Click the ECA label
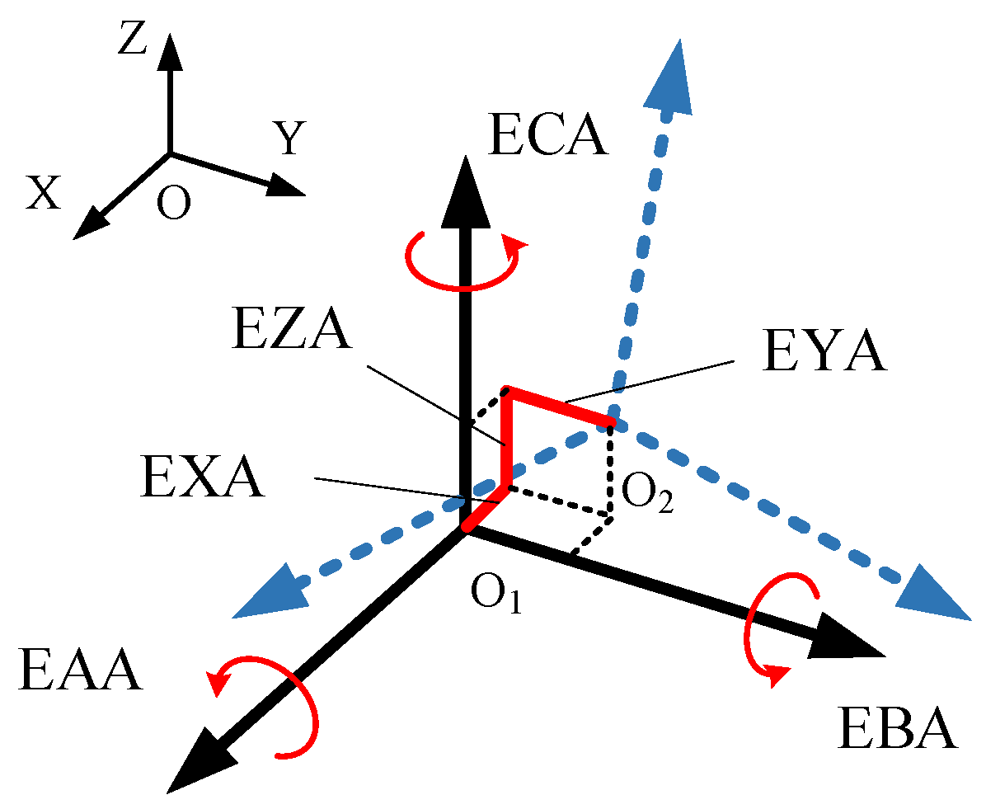(x=547, y=136)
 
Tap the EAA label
(x=79, y=670)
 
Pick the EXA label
(x=203, y=478)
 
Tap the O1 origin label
(x=496, y=592)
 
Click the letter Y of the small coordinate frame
(x=290, y=140)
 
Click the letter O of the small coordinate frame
(x=173, y=203)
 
